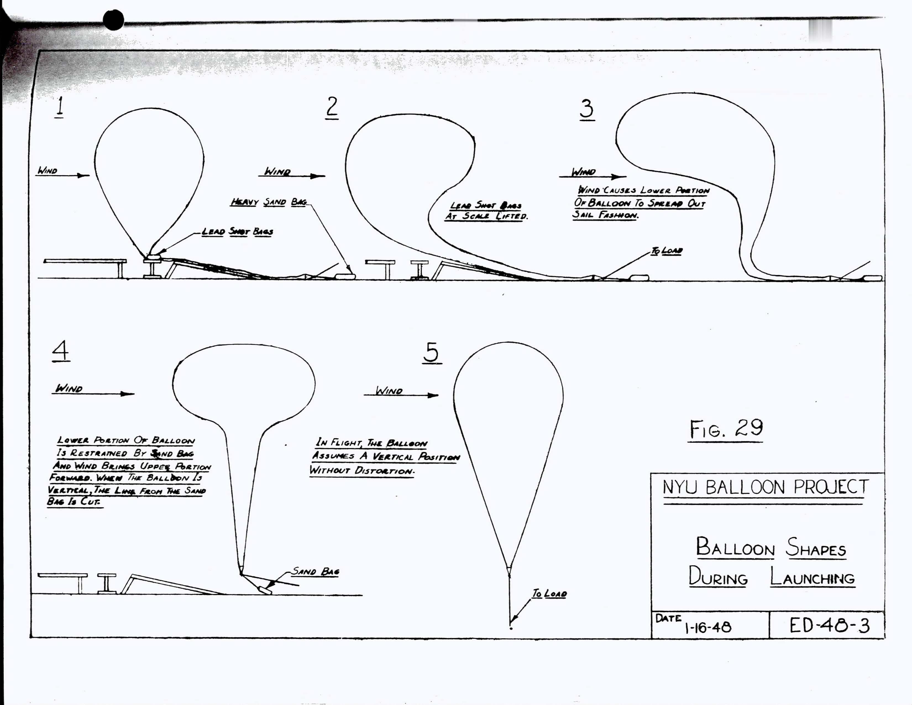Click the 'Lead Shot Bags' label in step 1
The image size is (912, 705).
237,232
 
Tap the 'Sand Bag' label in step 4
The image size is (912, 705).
316,571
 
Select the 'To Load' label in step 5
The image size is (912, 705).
549,594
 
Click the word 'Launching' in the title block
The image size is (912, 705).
812,578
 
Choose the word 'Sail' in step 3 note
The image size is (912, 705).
584,215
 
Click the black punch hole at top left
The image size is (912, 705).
114,20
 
